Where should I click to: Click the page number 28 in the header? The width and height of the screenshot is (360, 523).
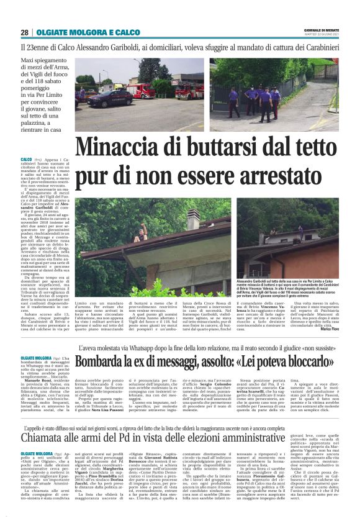[x=24, y=32]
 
